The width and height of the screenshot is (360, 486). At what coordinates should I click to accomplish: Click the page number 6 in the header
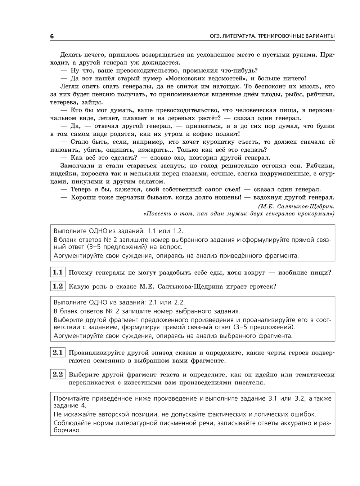pyautogui.click(x=52, y=36)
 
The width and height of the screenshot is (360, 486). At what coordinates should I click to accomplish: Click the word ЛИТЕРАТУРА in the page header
pyautogui.click(x=239, y=36)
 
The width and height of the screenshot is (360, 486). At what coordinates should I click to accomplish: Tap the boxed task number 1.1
pyautogui.click(x=58, y=272)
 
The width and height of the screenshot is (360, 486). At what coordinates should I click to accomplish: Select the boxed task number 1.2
pyautogui.click(x=58, y=286)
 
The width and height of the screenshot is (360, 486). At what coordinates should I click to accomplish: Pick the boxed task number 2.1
pyautogui.click(x=58, y=353)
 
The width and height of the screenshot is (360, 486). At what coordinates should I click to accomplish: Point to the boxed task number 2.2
pyautogui.click(x=58, y=375)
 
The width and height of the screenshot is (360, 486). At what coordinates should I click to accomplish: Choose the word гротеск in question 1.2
pyautogui.click(x=263, y=287)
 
